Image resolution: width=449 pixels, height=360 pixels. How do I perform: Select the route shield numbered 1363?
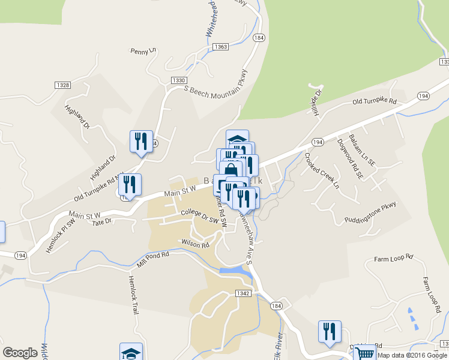(x=220, y=47)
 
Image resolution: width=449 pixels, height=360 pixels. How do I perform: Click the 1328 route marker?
(x=62, y=85)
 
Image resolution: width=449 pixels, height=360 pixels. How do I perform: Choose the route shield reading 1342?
(x=243, y=293)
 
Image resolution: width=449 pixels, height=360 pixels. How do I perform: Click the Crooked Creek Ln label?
(x=321, y=171)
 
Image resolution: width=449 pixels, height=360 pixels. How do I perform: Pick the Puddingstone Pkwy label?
(x=371, y=212)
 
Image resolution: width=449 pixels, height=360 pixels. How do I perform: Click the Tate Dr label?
(x=102, y=222)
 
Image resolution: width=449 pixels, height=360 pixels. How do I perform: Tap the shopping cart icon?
(x=366, y=353)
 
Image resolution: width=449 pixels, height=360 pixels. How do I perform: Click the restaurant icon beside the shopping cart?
(x=330, y=331)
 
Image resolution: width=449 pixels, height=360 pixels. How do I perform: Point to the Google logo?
(x=20, y=353)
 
